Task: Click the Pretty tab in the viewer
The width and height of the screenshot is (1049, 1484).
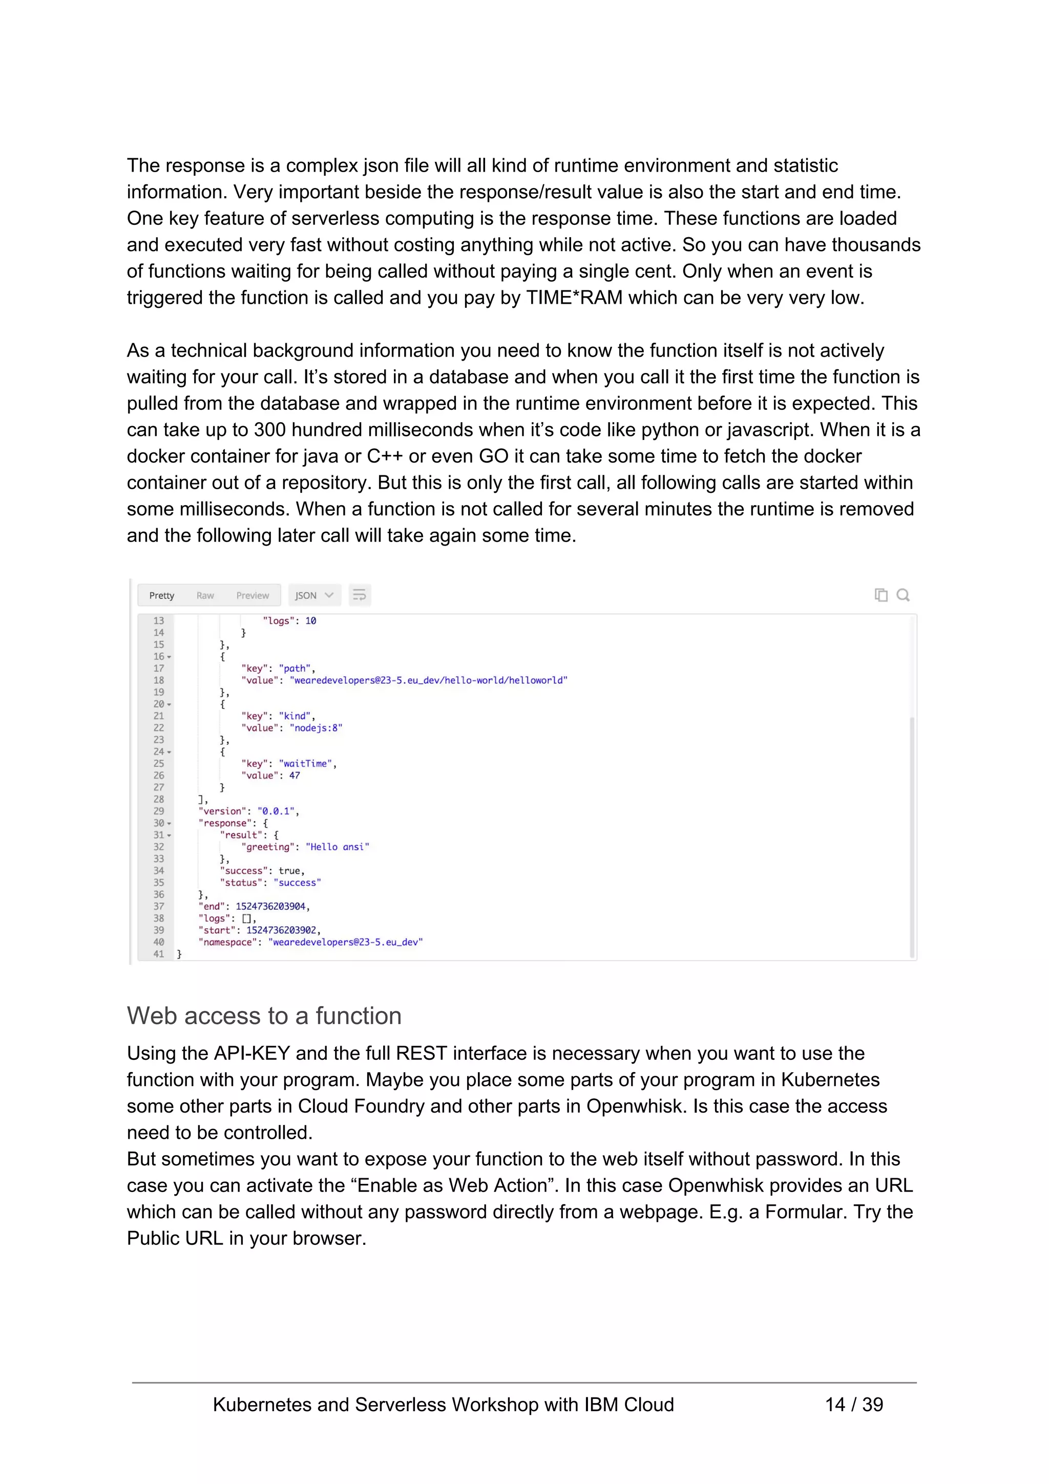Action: (161, 595)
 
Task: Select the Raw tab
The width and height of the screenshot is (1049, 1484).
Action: (205, 595)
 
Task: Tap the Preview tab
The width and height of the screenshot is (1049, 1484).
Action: (252, 595)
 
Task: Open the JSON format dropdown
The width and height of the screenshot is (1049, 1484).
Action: (314, 595)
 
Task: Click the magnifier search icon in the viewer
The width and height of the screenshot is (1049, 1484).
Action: (903, 595)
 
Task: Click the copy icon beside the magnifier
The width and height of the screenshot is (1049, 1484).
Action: (880, 595)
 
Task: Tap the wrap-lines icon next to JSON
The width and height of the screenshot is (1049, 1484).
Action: (360, 595)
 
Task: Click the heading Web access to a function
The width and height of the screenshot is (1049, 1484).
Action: (264, 1016)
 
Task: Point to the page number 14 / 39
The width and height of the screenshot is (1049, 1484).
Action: (853, 1405)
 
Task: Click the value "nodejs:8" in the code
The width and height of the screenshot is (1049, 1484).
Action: (316, 728)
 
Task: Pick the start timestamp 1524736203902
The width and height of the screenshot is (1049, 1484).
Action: (281, 930)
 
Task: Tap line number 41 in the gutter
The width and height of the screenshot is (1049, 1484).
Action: (159, 954)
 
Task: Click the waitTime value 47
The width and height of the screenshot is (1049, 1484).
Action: (294, 776)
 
